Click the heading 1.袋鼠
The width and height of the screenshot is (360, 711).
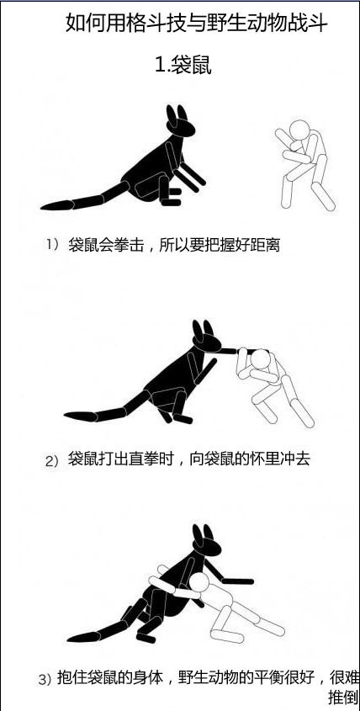183,66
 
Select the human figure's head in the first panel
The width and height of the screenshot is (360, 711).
299,130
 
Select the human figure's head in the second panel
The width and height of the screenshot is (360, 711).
261,359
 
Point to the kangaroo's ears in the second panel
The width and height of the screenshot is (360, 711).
202,329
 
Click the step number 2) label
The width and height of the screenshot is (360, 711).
53,462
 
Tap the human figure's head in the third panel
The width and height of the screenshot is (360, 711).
199,582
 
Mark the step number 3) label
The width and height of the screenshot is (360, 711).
45,680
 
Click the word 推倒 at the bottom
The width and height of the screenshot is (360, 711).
343,698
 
